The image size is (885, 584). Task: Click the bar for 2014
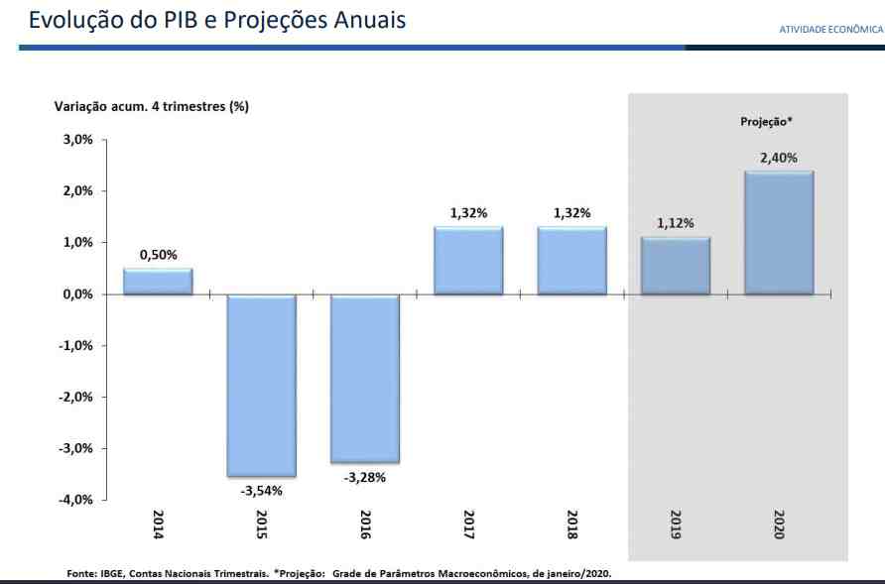[x=158, y=282]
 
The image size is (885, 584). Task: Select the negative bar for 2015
[x=262, y=386]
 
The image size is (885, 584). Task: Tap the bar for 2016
[x=365, y=379]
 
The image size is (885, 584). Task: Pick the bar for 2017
[x=468, y=261]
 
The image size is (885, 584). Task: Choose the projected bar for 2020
[x=779, y=233]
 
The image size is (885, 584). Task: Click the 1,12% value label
[x=676, y=223]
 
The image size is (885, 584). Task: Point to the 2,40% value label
[x=779, y=158]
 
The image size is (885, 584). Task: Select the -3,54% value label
[x=262, y=491]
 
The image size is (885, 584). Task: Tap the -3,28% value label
[x=365, y=477]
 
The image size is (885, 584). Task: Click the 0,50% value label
[x=158, y=255]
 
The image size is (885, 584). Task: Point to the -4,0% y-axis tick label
[x=73, y=500]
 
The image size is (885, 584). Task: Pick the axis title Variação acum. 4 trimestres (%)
[x=151, y=106]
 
